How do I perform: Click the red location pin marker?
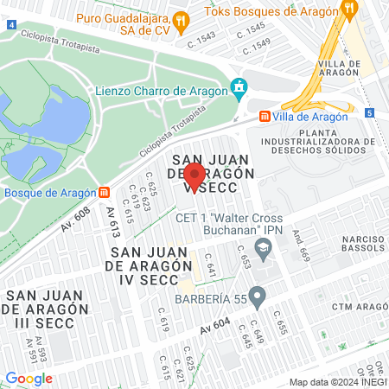click(194, 176)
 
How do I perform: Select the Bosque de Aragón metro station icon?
click(105, 192)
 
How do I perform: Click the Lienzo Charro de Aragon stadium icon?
click(239, 87)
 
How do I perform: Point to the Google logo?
click(29, 378)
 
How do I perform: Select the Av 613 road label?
click(112, 225)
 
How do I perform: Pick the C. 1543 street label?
click(201, 42)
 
